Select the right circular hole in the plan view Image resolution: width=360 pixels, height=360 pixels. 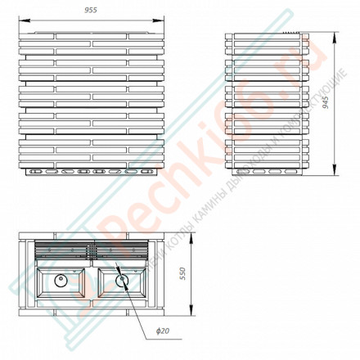click(x=123, y=280)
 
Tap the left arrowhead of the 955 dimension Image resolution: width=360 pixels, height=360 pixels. click(x=21, y=18)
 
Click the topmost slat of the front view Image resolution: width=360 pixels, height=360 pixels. click(x=92, y=36)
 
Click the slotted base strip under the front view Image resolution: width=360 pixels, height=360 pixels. click(x=92, y=172)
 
